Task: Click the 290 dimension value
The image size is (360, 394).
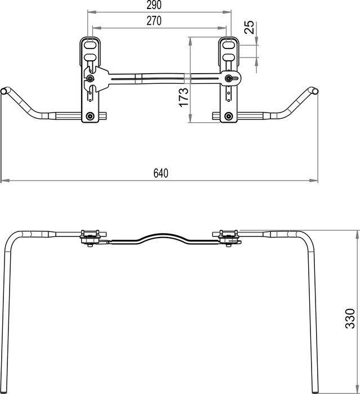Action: pyautogui.click(x=152, y=6)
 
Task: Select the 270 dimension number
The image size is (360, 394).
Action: pyautogui.click(x=152, y=21)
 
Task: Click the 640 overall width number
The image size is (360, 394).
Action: pyautogui.click(x=161, y=174)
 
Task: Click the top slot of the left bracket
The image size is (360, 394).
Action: pyautogui.click(x=90, y=43)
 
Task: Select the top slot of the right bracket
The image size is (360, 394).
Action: pyautogui.click(x=228, y=43)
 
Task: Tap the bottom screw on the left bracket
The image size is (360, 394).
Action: pyautogui.click(x=90, y=116)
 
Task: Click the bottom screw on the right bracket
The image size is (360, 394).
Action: pyautogui.click(x=228, y=116)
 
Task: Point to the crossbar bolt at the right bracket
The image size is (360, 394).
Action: pyautogui.click(x=229, y=78)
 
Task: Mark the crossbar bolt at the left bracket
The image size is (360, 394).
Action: pyautogui.click(x=91, y=79)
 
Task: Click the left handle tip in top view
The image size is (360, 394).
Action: pyautogui.click(x=5, y=91)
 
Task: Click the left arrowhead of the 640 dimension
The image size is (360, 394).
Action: pyautogui.click(x=3, y=181)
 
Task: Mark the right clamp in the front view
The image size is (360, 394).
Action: pyautogui.click(x=228, y=238)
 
